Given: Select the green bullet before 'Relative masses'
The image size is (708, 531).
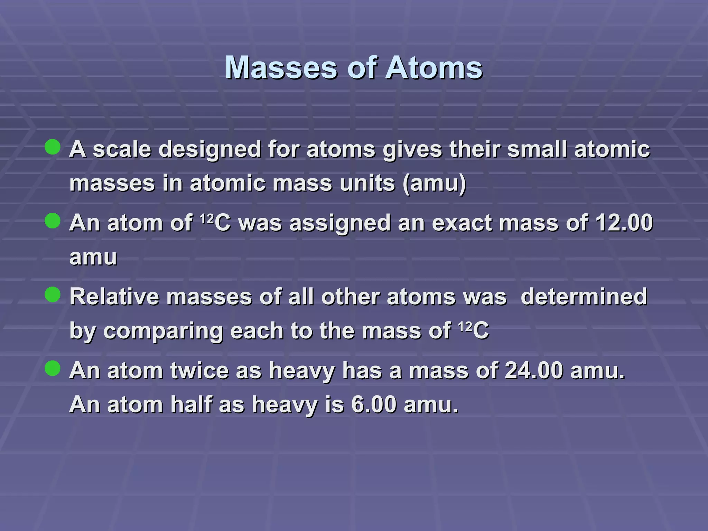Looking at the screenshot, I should click(x=53, y=295).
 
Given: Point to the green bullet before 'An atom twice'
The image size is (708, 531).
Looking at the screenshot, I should click(x=53, y=368).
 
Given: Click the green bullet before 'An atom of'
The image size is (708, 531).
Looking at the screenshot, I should click(x=53, y=221).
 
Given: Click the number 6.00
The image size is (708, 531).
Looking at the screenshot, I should click(x=374, y=404).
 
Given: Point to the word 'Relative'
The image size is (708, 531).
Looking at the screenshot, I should click(x=114, y=297).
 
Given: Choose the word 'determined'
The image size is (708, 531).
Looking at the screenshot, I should click(x=584, y=297).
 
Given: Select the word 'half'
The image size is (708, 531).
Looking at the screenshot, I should click(x=191, y=404).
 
